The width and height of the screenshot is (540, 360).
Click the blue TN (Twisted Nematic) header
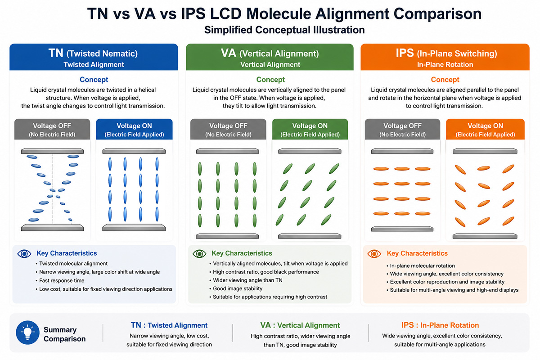click(x=94, y=57)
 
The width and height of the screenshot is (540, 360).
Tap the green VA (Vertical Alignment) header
click(x=270, y=57)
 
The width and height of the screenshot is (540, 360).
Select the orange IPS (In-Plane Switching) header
click(x=445, y=57)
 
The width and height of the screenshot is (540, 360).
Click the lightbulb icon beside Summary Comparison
click(x=27, y=332)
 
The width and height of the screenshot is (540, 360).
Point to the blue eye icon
click(x=24, y=254)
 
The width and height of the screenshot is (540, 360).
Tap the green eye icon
click(x=199, y=254)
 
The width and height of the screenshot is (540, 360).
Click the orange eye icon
click(x=374, y=254)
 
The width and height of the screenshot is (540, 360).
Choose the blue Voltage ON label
click(x=134, y=129)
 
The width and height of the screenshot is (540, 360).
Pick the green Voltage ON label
click(x=310, y=129)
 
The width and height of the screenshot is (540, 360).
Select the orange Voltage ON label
click(x=485, y=129)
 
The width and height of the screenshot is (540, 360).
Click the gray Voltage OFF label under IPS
click(x=402, y=129)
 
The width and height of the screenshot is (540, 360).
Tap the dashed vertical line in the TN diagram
click(x=53, y=189)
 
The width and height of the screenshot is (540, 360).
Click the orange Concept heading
click(x=445, y=80)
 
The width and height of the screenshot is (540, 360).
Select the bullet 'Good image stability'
click(x=236, y=288)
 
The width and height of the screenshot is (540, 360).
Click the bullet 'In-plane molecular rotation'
click(x=421, y=265)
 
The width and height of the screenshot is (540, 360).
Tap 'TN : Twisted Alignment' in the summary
click(x=169, y=325)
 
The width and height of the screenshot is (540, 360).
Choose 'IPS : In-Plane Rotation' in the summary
click(x=440, y=325)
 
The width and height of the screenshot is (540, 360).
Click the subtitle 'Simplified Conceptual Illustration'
click(x=284, y=30)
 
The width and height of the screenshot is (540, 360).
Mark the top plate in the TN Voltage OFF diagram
click(x=52, y=151)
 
